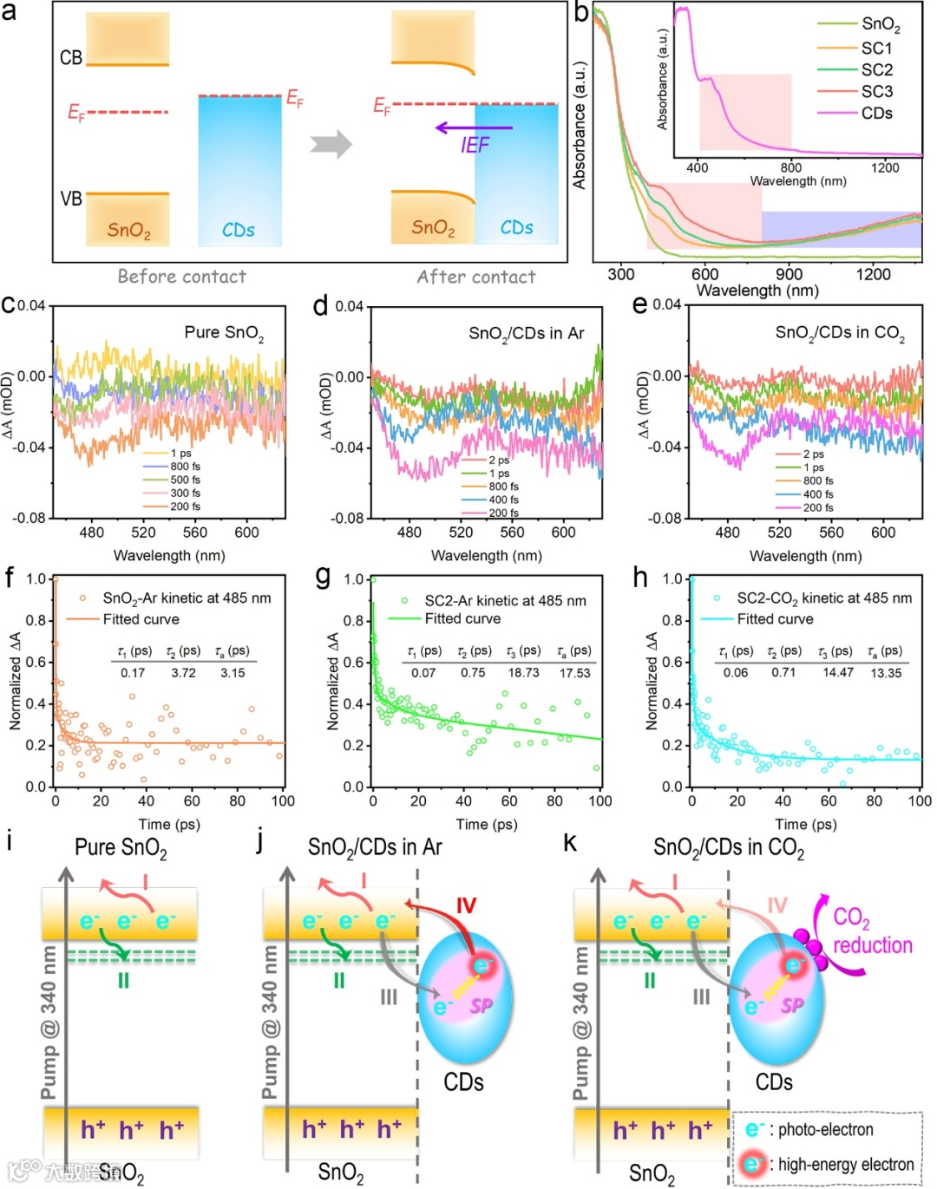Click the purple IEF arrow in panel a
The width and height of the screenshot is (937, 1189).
[x=473, y=127]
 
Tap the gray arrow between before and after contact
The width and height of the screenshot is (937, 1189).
[x=331, y=143]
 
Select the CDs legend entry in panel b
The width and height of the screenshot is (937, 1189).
[x=876, y=113]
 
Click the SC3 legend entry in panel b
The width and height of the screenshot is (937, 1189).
[x=876, y=91]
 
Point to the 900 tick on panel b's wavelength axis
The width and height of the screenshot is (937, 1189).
[x=789, y=274]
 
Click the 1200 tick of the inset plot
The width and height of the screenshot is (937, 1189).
[x=885, y=167]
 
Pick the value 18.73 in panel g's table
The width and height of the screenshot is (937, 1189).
[x=523, y=672]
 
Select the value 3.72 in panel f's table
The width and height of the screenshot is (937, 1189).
[x=183, y=672]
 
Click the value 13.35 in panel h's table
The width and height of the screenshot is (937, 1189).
[x=886, y=672]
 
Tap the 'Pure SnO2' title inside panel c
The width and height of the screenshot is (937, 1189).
[x=224, y=333]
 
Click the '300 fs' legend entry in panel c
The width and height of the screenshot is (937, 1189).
[x=185, y=493]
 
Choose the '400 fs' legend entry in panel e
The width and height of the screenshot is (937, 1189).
[x=818, y=493]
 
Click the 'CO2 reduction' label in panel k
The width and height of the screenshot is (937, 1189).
[x=871, y=932]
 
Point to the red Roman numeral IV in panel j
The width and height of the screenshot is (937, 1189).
[x=466, y=905]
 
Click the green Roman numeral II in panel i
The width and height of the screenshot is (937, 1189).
[x=123, y=981]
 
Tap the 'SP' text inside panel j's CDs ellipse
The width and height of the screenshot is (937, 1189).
[x=481, y=1005]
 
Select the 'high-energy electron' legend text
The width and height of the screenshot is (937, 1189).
[x=845, y=1164]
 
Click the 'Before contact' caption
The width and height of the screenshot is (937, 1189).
[x=181, y=277]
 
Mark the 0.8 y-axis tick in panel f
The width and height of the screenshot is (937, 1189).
[x=36, y=620]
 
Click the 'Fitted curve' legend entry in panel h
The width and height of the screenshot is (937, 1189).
[x=775, y=619]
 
